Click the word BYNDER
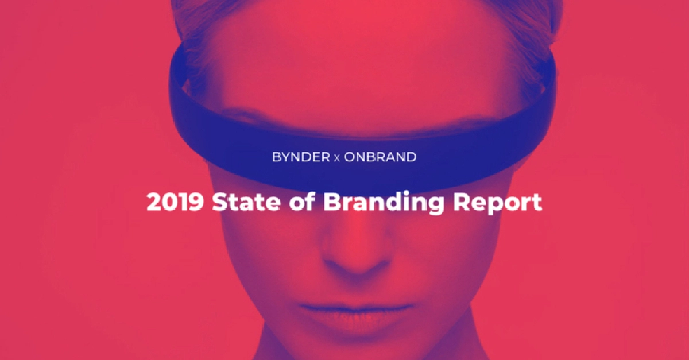pos(301,157)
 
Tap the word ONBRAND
pos(380,157)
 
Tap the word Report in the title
pos(498,204)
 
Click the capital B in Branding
pos(331,203)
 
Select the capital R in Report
pos(463,203)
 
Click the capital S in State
pos(220,203)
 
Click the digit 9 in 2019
pos(196,203)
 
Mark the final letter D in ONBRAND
pos(411,157)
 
